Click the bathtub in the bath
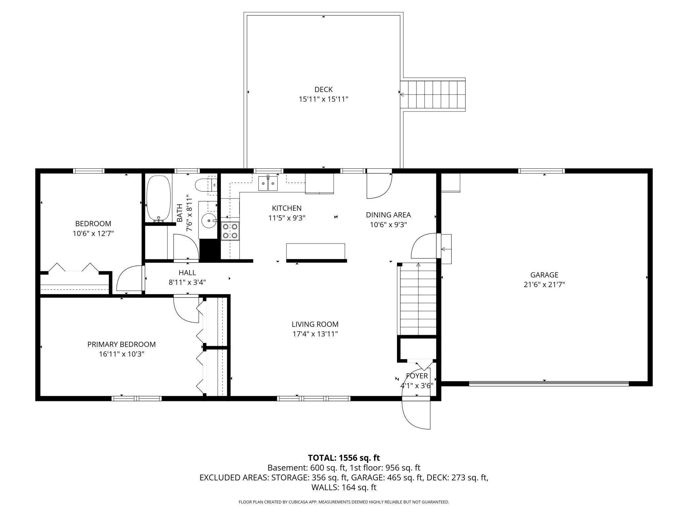click(158, 198)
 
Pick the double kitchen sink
click(268, 184)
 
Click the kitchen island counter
click(316, 252)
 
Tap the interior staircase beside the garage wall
click(418, 299)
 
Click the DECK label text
click(323, 89)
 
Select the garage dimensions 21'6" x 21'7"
click(544, 284)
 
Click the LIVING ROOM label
click(315, 324)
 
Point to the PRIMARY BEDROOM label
click(121, 344)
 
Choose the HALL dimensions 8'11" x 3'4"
click(187, 282)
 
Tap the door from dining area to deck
click(379, 186)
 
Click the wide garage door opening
click(548, 384)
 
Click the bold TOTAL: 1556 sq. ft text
click(344, 458)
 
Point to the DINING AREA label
click(388, 215)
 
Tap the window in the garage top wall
click(541, 171)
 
